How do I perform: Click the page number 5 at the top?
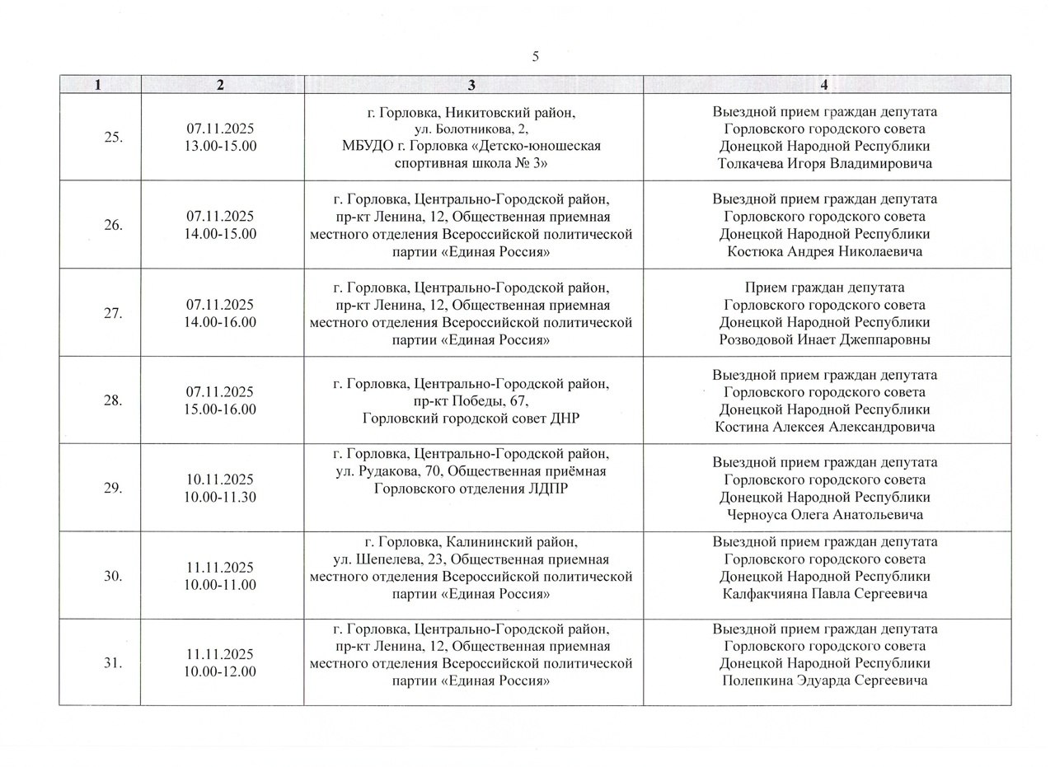(x=536, y=57)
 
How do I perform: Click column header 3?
(x=471, y=84)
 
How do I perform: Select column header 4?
(x=824, y=84)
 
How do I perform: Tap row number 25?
(x=114, y=137)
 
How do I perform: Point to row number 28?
(x=114, y=400)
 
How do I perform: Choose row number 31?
(x=114, y=662)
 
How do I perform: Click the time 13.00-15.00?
(x=220, y=146)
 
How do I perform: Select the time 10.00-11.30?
(x=220, y=497)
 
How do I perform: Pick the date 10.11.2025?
(x=220, y=479)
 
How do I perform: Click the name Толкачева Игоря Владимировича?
(x=824, y=163)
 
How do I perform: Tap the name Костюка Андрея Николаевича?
(x=824, y=251)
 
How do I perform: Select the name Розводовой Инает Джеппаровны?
(x=824, y=339)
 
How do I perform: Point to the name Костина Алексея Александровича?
(x=824, y=427)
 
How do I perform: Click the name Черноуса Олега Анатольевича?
(x=824, y=515)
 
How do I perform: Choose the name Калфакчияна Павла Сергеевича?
(x=824, y=593)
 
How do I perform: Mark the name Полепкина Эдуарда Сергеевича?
(x=824, y=680)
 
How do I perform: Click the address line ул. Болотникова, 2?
(x=471, y=129)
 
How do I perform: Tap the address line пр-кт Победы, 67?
(x=471, y=401)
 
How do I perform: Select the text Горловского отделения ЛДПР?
(x=471, y=489)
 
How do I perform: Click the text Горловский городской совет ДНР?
(x=471, y=419)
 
